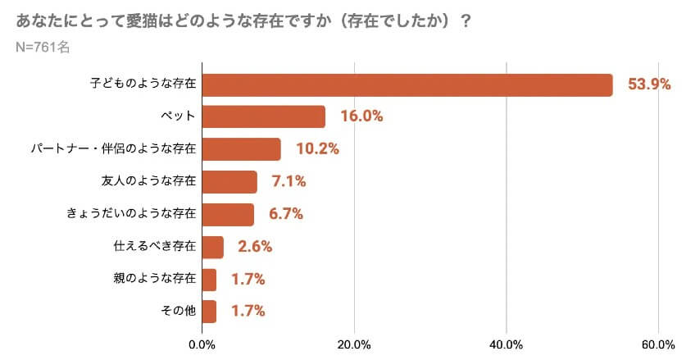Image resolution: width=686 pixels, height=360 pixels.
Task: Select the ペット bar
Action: click(x=263, y=116)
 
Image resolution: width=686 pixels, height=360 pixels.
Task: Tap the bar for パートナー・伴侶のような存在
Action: click(x=241, y=149)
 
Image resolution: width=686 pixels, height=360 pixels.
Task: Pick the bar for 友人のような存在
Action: click(x=229, y=182)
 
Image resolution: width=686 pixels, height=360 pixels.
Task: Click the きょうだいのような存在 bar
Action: click(x=228, y=214)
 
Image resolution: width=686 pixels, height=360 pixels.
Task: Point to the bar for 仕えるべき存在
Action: click(x=212, y=247)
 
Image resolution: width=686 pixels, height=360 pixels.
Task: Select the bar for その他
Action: click(x=209, y=312)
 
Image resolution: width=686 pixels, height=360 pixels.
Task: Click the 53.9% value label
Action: click(x=649, y=84)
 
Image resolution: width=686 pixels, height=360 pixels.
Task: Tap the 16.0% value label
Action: click(x=361, y=116)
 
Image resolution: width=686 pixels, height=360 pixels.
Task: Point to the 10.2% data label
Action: click(x=317, y=149)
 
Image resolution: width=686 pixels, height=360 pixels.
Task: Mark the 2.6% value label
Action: click(x=255, y=247)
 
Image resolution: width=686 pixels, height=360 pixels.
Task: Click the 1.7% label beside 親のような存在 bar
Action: click(x=248, y=279)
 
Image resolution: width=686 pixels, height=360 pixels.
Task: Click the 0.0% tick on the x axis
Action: click(x=202, y=344)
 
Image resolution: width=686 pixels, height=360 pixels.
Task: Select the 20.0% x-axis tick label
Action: click(x=354, y=344)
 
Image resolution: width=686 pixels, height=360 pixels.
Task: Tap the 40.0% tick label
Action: click(x=506, y=344)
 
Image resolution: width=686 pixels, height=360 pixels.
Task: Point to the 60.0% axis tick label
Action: click(x=658, y=344)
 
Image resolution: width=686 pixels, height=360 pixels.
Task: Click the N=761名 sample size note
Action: click(x=43, y=47)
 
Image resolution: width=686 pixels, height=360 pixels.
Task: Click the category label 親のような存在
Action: click(x=154, y=279)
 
